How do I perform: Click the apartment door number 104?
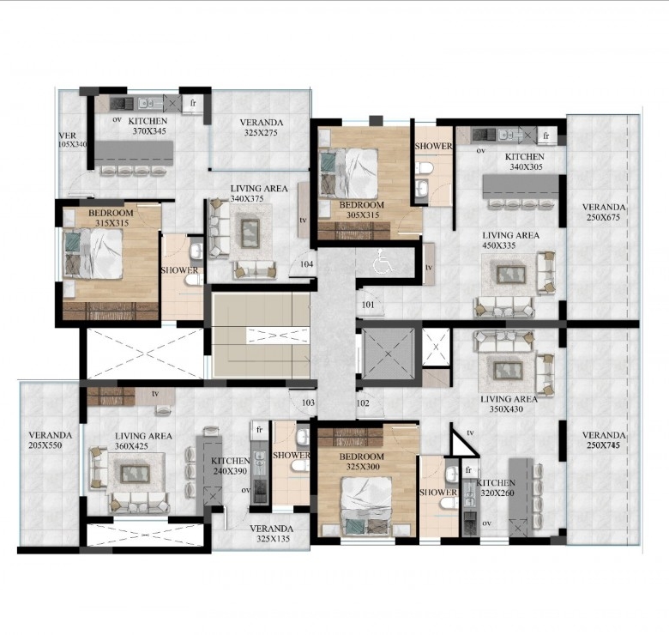coord(307,264)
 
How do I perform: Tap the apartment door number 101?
coord(368,305)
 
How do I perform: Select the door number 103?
coord(308,402)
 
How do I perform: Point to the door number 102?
coord(363,402)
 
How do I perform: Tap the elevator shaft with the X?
coord(388,354)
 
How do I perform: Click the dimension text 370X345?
coord(149,131)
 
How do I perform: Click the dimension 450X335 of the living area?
coord(499,245)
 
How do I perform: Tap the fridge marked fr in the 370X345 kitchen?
coord(192,103)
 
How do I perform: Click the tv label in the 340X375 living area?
coord(303,221)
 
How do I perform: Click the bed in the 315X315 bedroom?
coord(93,254)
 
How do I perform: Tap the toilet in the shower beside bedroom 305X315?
coord(424,168)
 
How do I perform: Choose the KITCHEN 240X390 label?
coord(231,466)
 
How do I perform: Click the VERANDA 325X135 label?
coord(272,534)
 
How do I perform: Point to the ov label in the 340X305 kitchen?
coord(481,150)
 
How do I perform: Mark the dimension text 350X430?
coord(506,409)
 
